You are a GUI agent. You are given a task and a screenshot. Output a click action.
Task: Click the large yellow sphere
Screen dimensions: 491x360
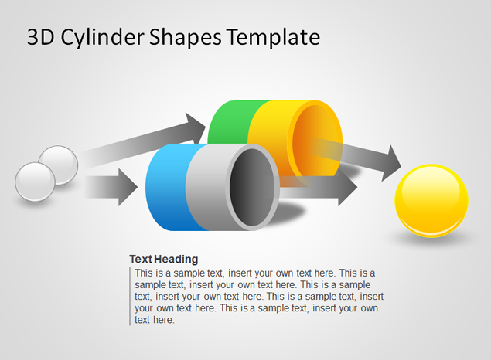coord(431,201)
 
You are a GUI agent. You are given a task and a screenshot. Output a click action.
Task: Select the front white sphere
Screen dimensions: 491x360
coord(35,182)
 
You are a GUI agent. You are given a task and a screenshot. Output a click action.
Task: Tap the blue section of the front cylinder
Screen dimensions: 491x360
coord(168,187)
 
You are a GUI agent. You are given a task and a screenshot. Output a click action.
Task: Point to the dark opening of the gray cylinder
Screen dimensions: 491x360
coord(252,187)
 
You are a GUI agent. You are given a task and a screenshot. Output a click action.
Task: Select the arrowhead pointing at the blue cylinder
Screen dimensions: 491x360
coord(128,187)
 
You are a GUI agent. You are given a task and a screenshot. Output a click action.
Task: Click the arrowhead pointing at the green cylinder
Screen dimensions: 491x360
coord(195,127)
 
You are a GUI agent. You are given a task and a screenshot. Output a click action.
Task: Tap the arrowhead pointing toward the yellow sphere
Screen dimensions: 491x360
coord(391,163)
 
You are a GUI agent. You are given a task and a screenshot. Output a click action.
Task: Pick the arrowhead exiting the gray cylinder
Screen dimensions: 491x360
coord(347,187)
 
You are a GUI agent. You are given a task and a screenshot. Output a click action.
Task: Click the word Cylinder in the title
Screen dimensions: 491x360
coord(102,38)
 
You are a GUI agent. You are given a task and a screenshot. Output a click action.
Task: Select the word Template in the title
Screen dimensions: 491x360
coord(273,38)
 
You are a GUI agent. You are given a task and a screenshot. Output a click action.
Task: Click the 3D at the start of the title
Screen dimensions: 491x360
coord(41,37)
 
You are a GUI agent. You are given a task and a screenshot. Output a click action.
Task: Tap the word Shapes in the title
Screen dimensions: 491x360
coord(186,38)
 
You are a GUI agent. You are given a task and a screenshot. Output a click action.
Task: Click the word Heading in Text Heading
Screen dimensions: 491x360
coord(176,259)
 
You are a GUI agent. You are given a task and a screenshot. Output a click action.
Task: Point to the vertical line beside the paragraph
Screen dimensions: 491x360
coord(130,297)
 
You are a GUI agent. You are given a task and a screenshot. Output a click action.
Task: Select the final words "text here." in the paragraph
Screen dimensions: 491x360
coord(155,320)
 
